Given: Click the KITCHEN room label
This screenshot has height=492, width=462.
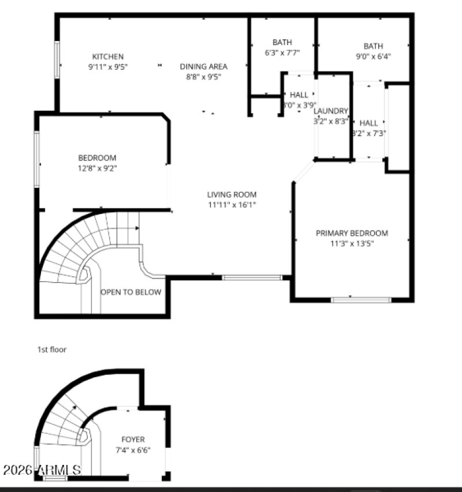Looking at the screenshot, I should [108, 57].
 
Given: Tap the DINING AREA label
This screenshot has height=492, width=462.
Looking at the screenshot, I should [203, 66].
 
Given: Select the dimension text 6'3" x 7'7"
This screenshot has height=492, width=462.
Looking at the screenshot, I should [282, 52].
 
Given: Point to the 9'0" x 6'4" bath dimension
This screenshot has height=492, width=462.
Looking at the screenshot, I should [372, 57].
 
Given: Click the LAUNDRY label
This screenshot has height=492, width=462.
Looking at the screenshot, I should [331, 111].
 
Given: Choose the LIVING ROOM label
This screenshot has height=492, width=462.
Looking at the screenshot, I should [232, 194].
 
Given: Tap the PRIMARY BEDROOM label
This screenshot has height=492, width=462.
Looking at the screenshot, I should [352, 233].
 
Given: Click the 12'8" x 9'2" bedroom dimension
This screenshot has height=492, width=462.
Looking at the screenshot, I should [97, 168].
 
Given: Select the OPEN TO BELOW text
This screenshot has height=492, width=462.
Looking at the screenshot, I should [131, 292].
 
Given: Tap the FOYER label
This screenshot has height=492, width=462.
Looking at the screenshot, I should [133, 439].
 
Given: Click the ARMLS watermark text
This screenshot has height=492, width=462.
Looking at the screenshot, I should [42, 470].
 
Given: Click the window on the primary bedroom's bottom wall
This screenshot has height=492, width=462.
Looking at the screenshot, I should [361, 299].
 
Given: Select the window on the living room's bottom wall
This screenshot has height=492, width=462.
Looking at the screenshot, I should [252, 277].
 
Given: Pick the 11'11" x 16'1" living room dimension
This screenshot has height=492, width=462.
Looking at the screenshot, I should [232, 205].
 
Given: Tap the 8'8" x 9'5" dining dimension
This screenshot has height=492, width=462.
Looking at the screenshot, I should [203, 76].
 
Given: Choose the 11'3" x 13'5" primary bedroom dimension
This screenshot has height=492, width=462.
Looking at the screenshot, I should [352, 243].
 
